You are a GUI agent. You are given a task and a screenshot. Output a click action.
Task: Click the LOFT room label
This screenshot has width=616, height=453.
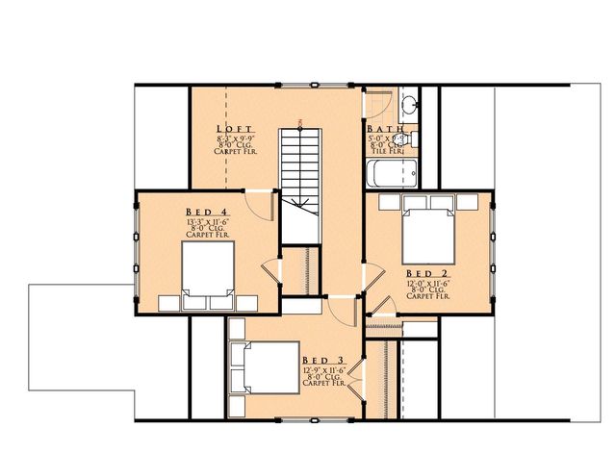(235, 129)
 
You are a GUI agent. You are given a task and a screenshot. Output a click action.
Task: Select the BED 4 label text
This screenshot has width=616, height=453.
(206, 212)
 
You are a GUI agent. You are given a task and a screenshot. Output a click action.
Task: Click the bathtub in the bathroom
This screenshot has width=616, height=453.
(390, 173)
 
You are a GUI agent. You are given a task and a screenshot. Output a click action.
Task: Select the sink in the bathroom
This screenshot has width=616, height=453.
(408, 105)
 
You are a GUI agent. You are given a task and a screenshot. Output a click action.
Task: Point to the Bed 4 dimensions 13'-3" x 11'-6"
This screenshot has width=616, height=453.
(206, 221)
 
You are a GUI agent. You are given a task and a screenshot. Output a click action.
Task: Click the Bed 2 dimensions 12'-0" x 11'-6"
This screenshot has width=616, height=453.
(427, 285)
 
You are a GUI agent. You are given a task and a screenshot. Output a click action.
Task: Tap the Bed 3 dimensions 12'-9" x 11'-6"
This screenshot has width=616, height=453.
(321, 368)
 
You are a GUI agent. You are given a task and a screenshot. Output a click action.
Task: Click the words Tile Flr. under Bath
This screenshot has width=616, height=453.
(386, 151)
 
